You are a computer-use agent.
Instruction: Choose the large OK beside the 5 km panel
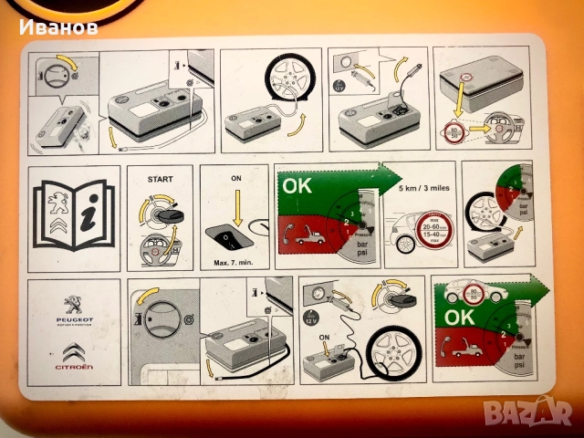tap(297, 186)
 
